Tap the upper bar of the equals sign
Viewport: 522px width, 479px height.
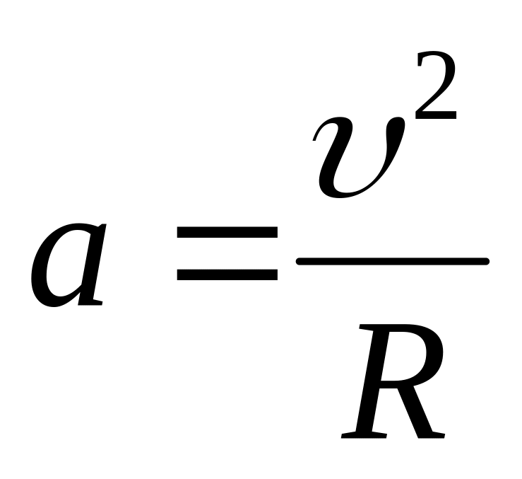click(227, 233)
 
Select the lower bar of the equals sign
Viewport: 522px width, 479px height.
click(227, 274)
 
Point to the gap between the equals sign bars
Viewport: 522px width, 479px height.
click(227, 253)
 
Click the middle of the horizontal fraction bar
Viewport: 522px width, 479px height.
click(392, 262)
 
